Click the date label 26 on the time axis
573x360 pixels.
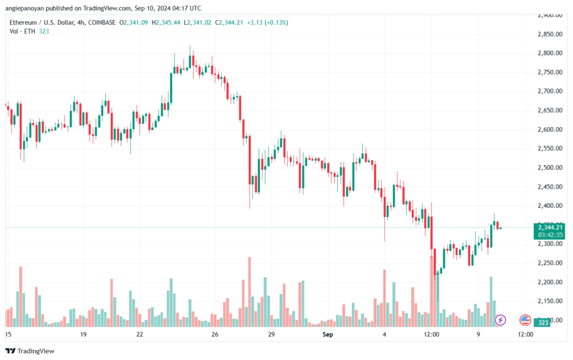[214, 334]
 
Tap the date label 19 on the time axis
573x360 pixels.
[83, 334]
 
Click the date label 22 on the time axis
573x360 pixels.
[139, 334]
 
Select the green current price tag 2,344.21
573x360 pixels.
[549, 227]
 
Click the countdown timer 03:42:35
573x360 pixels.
[549, 235]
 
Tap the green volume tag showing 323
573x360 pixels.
[542, 322]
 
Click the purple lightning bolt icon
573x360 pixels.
[501, 320]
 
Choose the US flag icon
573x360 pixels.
[525, 320]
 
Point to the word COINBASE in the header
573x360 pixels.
[100, 22]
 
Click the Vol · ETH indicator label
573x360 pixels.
[22, 31]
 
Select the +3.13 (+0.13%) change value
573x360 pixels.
[245, 22]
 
